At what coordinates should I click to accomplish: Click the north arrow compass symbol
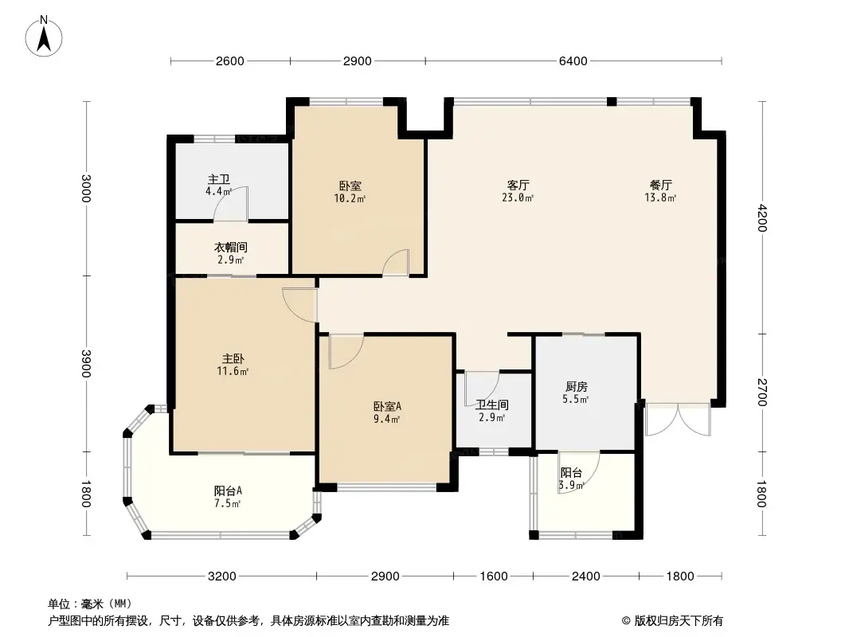tap(44, 37)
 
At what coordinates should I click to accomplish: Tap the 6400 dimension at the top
tap(573, 61)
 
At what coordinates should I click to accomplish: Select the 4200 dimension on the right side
tap(762, 217)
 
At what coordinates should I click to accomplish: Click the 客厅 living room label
tap(518, 186)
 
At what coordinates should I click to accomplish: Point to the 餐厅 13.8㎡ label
tap(660, 192)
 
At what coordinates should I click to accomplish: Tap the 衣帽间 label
tap(231, 248)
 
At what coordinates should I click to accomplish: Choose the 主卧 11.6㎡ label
tap(233, 365)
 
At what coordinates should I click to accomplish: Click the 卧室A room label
tap(387, 406)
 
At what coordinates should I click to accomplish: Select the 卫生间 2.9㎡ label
tap(492, 412)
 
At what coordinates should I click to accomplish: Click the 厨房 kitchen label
tap(576, 387)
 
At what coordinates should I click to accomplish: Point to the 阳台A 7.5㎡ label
tap(228, 498)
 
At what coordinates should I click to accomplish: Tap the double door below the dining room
tap(677, 420)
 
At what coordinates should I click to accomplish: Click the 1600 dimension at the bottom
tap(494, 576)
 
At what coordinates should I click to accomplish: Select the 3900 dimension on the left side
tap(86, 364)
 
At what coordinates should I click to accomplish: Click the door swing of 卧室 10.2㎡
tap(396, 264)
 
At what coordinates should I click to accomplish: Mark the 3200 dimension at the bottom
tap(222, 576)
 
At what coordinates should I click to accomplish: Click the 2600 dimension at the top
tap(230, 61)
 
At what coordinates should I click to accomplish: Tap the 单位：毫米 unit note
tap(90, 604)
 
